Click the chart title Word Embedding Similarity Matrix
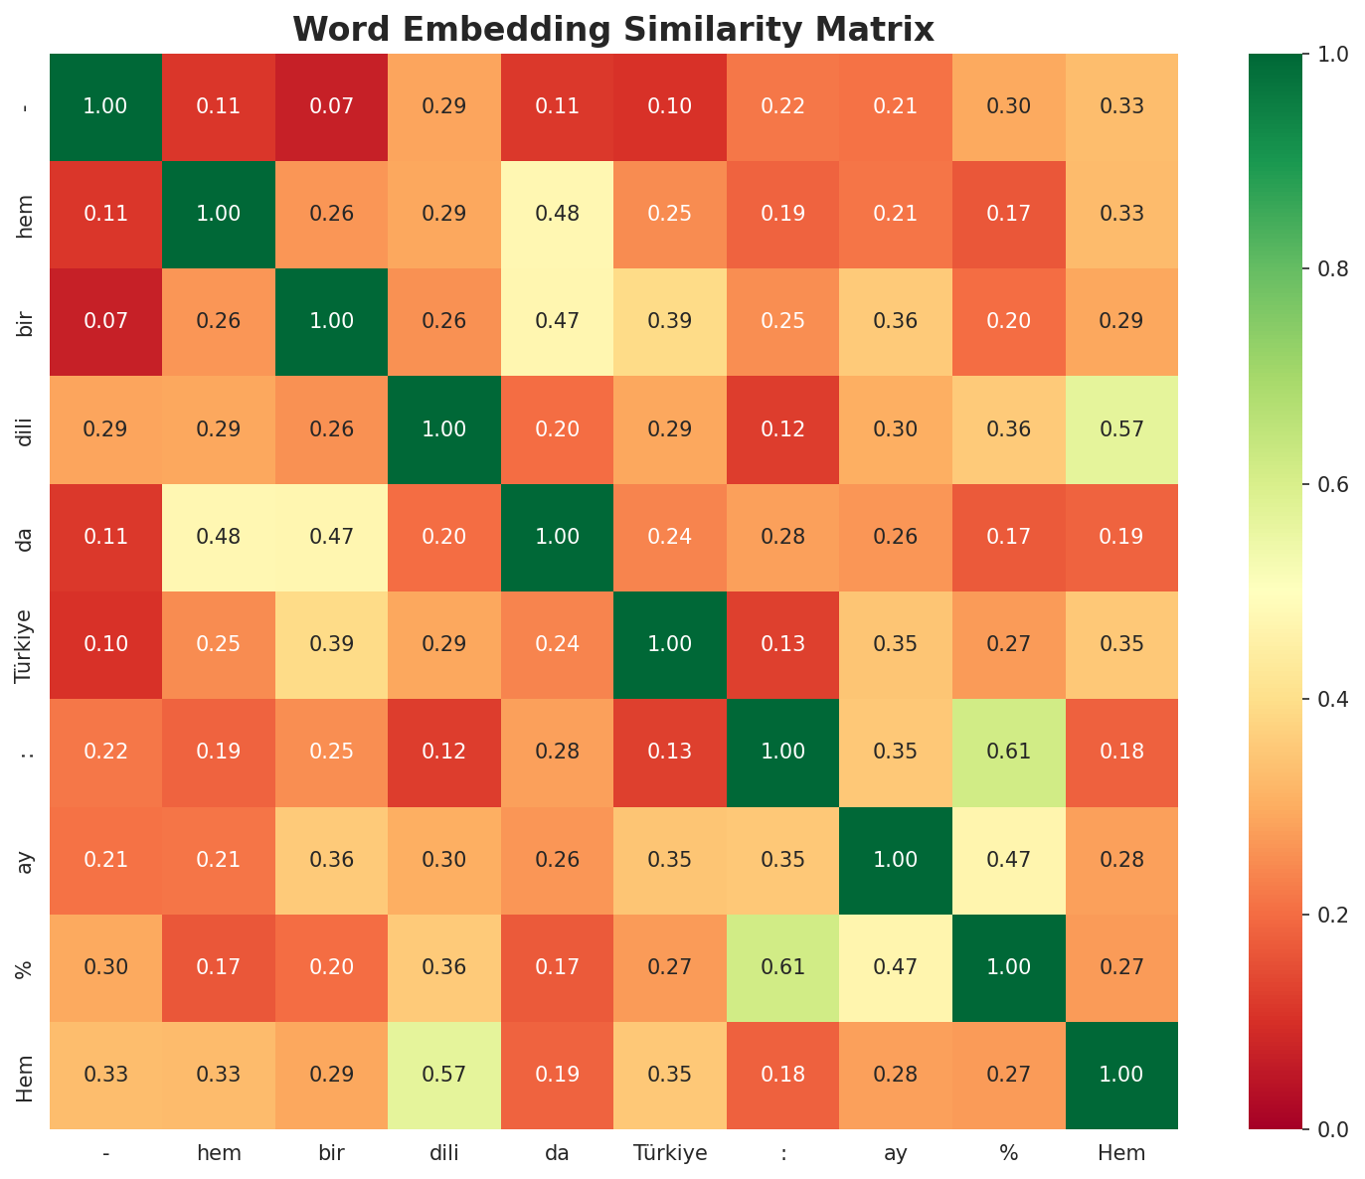tap(613, 30)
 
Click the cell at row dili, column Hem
tap(1121, 429)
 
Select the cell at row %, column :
tap(783, 967)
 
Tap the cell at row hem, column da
tap(558, 214)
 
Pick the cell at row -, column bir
tap(332, 106)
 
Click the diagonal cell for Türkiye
tap(670, 644)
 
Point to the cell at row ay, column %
tap(1009, 860)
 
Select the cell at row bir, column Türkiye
tap(670, 321)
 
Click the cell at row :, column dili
tap(444, 752)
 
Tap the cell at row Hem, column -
tap(105, 1075)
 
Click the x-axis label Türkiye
tap(670, 1154)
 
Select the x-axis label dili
tap(444, 1154)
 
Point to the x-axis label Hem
tap(1121, 1154)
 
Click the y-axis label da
tap(26, 538)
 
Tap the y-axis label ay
tap(26, 860)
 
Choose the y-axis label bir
tap(26, 321)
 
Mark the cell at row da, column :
tap(783, 537)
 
